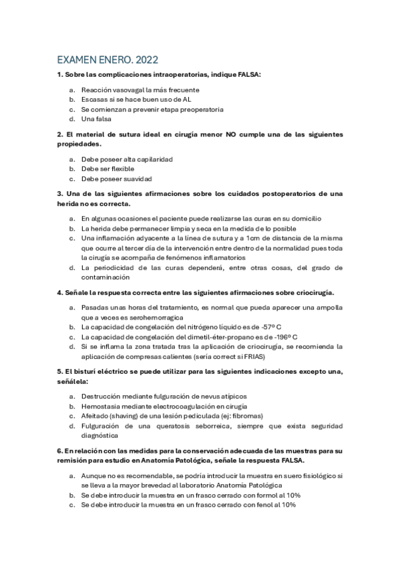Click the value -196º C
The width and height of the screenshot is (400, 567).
click(280, 337)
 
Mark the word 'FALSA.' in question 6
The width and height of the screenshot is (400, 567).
click(290, 461)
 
